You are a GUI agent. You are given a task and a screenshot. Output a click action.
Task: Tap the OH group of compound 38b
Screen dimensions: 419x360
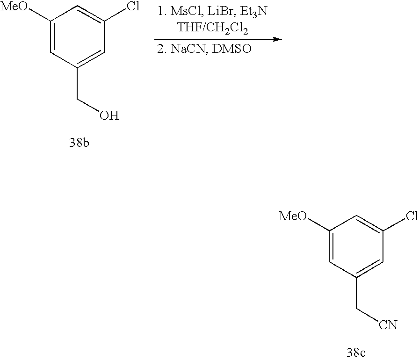click(109, 115)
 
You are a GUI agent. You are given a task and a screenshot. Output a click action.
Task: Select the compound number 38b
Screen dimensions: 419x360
click(79, 143)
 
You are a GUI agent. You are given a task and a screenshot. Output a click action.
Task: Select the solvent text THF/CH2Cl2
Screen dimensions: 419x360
click(214, 29)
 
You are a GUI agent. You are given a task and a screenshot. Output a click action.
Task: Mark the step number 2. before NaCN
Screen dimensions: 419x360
click(162, 49)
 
